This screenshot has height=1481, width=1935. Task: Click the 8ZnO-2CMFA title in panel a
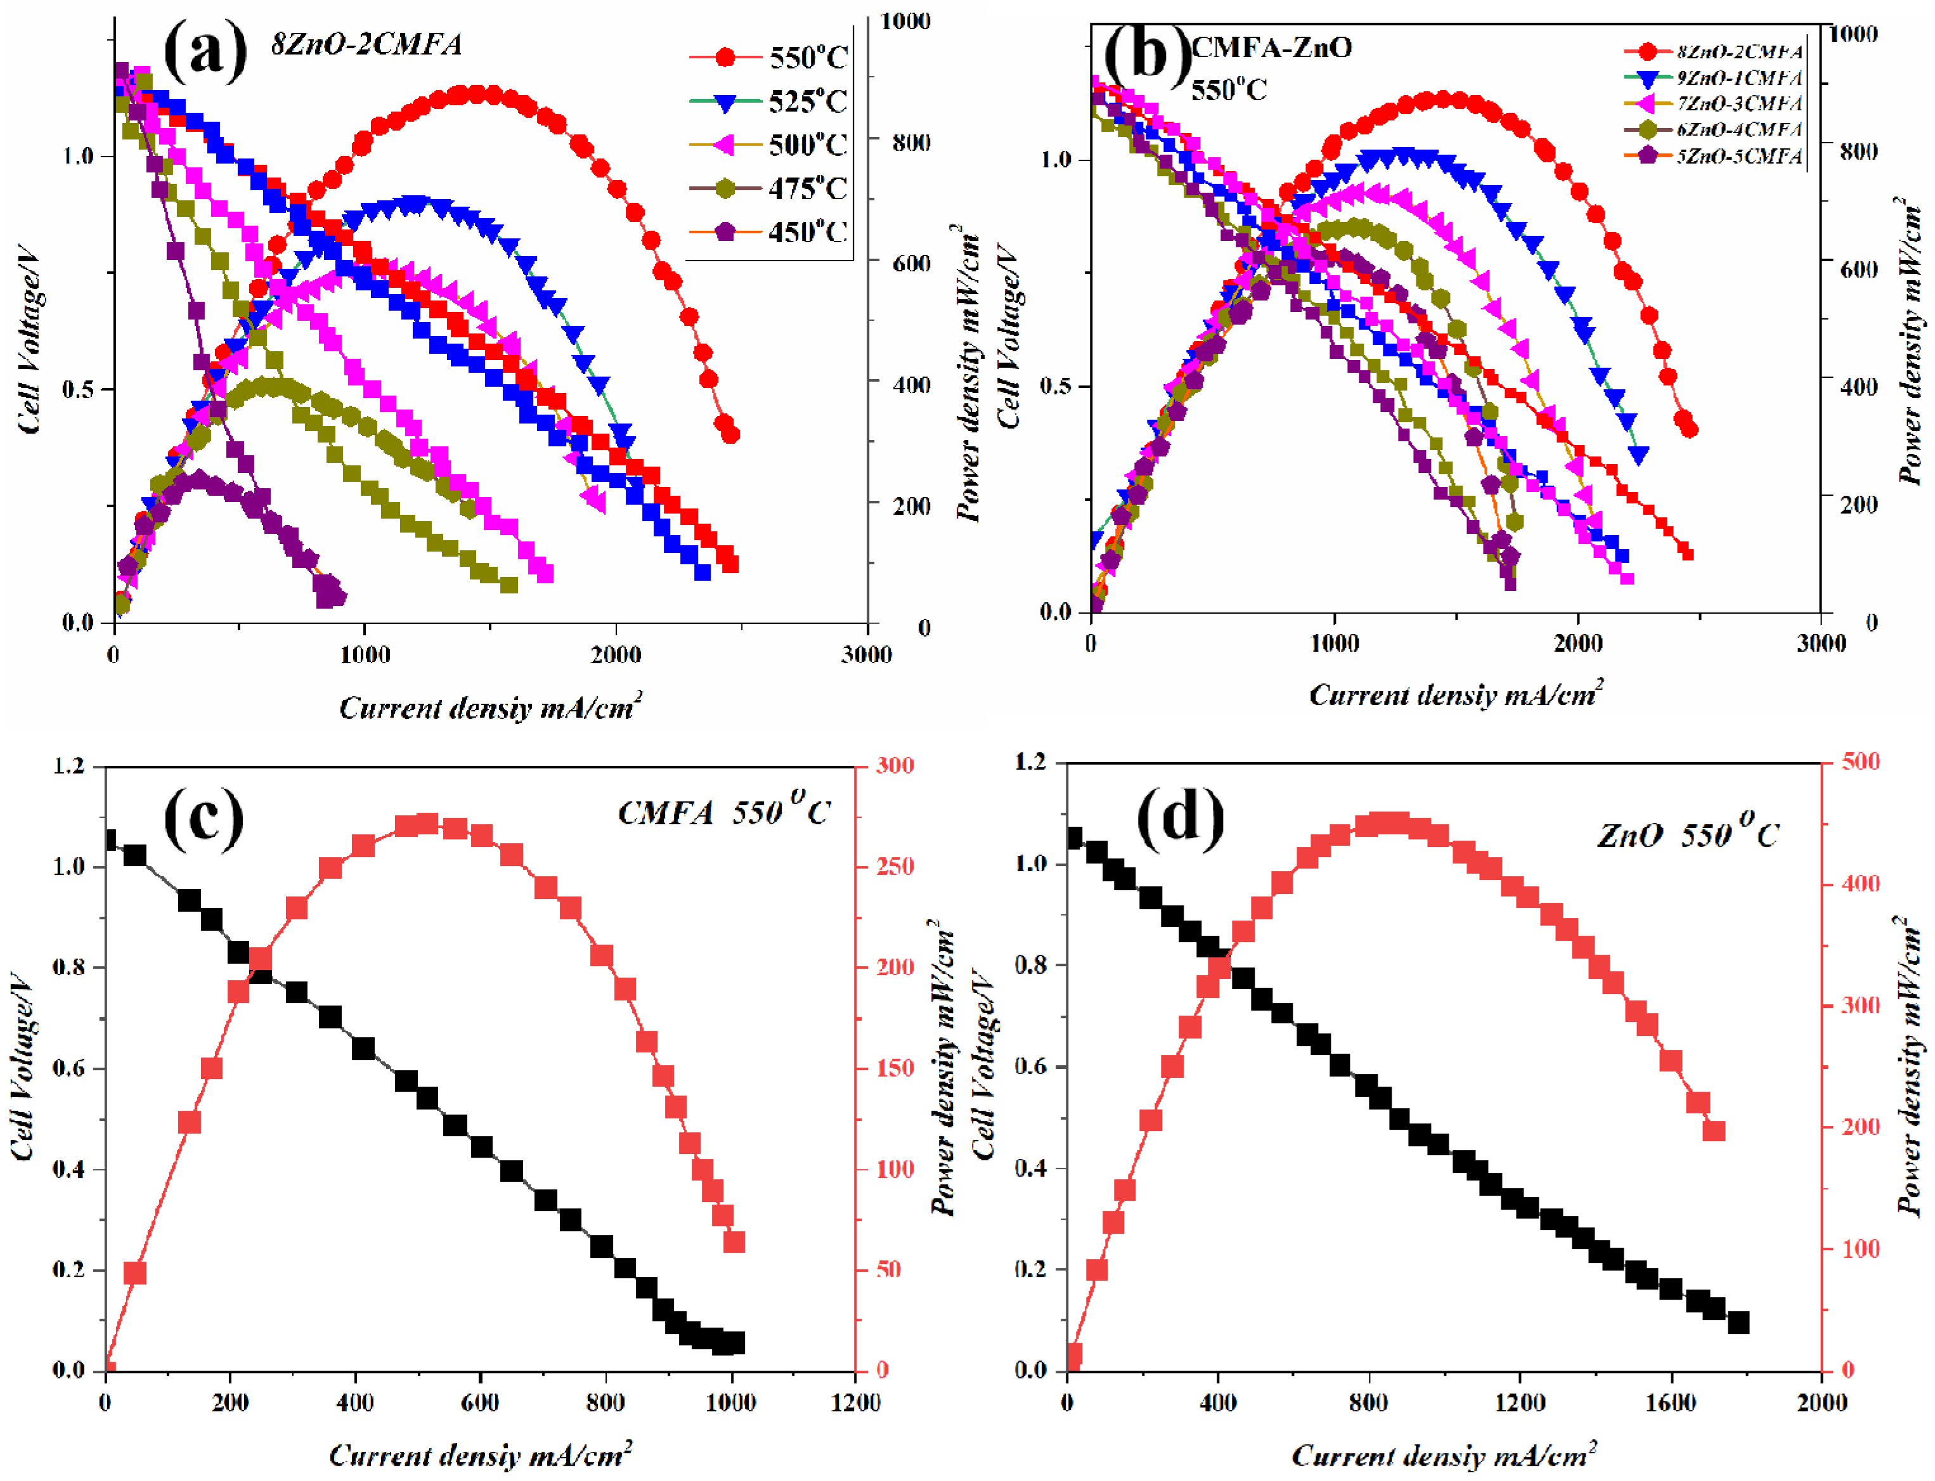click(x=366, y=44)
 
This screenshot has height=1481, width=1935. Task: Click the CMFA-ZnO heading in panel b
click(x=1271, y=47)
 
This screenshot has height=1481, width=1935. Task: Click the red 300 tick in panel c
click(x=894, y=765)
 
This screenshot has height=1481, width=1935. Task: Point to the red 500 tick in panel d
click(x=1860, y=761)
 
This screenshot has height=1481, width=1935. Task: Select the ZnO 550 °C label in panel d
click(x=1687, y=833)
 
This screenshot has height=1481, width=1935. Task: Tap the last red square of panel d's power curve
click(x=1713, y=1131)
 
